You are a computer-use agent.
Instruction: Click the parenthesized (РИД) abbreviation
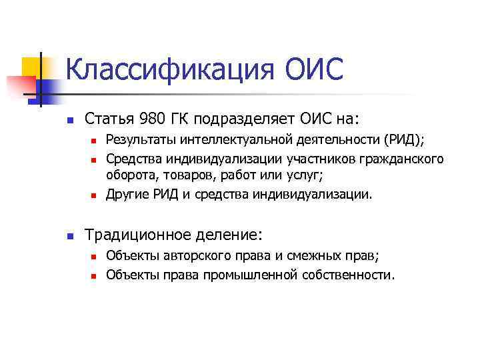pyautogui.click(x=404, y=140)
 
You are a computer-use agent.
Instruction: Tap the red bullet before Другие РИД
pyautogui.click(x=94, y=196)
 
